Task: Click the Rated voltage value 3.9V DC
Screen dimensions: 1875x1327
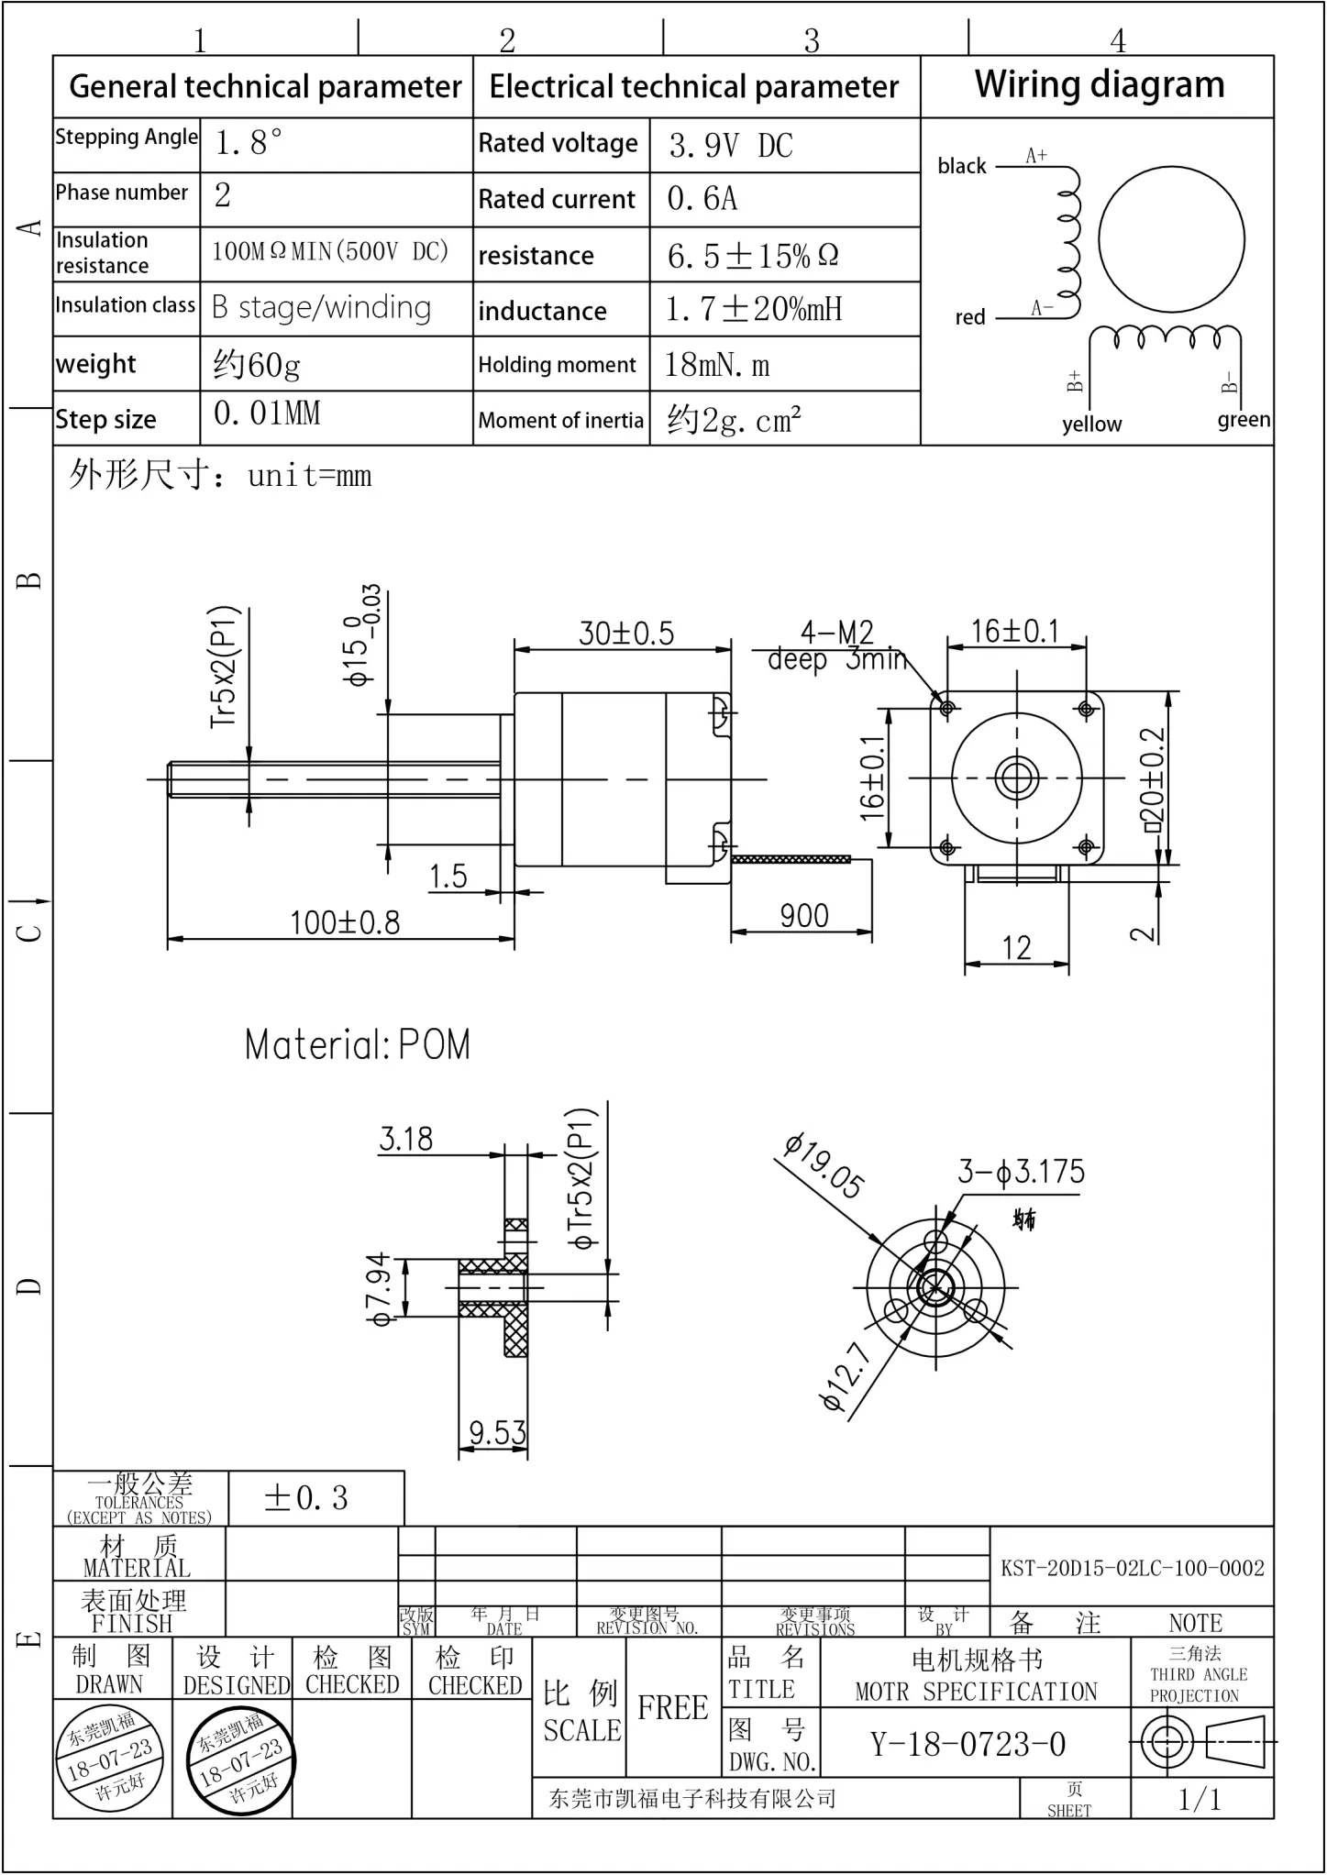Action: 730,146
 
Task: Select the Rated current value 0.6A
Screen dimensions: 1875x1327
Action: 702,199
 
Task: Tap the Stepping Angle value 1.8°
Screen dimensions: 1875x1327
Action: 249,143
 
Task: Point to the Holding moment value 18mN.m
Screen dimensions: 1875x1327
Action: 716,365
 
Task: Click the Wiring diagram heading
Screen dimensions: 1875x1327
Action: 1099,85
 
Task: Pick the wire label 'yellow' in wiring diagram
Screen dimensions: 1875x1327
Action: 1091,424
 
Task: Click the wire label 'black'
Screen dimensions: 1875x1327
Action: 961,166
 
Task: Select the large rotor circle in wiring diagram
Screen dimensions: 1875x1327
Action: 1171,239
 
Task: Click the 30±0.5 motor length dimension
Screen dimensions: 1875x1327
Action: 625,634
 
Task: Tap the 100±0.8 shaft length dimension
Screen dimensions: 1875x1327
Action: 345,922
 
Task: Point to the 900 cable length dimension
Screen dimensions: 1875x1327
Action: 803,916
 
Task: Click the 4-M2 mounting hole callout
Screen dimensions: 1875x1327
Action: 836,633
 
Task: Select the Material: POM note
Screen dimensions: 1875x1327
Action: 357,1044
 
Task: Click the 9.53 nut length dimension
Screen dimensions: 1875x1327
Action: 497,1431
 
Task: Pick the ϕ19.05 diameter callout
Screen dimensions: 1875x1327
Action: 824,1167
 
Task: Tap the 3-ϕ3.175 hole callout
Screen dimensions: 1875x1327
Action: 1021,1172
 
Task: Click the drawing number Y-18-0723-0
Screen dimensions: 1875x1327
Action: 968,1744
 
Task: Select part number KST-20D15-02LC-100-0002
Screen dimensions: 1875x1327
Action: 1132,1568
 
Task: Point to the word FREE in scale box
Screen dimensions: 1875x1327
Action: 672,1707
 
